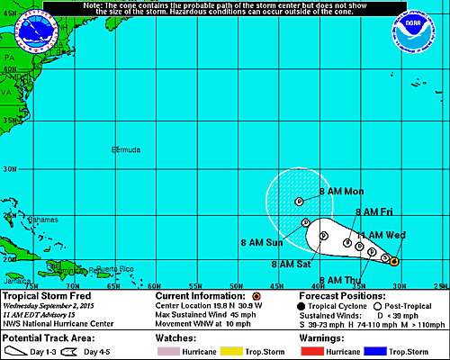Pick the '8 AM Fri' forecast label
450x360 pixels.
click(x=374, y=212)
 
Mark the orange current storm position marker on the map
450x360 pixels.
click(x=394, y=262)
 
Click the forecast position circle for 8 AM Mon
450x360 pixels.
click(x=299, y=202)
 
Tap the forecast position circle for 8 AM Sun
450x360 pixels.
click(x=306, y=222)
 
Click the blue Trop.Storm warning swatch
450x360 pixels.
click(x=384, y=343)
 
